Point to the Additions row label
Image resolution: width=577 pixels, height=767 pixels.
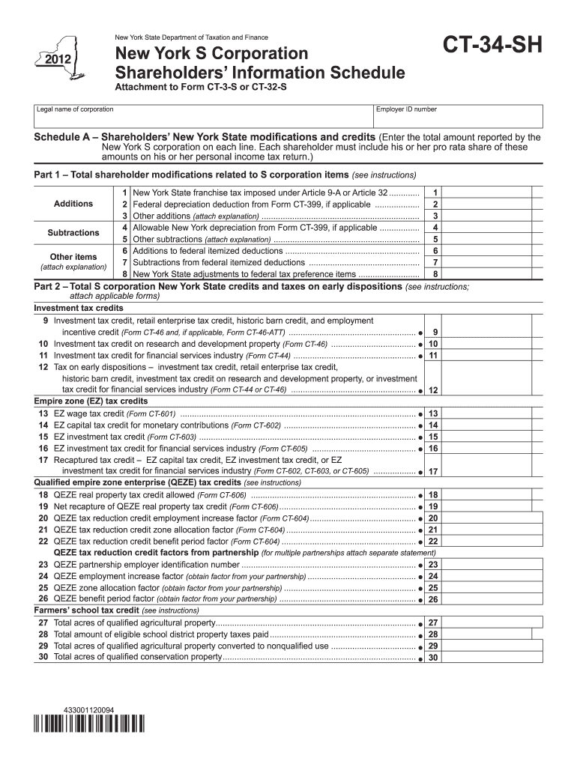coord(73,204)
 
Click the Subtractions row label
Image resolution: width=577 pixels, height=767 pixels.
coord(73,233)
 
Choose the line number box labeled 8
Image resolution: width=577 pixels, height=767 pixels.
coord(435,274)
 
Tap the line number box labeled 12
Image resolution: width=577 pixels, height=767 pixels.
coord(433,390)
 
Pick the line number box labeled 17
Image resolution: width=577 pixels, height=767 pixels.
coord(433,472)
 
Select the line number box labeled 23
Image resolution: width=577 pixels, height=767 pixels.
coord(433,565)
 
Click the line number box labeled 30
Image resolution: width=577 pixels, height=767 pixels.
coord(433,658)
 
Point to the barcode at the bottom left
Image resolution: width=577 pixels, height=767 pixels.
coord(90,724)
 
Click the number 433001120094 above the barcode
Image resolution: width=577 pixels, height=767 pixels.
coord(89,709)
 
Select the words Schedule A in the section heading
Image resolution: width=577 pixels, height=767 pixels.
coord(64,139)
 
